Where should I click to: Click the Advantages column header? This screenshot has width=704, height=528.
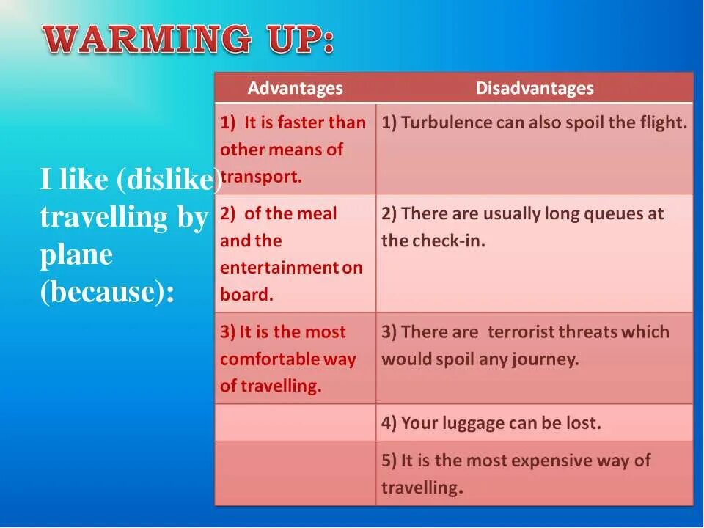pos(295,89)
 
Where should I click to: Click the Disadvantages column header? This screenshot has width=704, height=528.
pos(535,89)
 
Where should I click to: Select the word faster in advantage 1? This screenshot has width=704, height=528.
pos(300,122)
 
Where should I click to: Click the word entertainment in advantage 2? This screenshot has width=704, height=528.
pos(279,268)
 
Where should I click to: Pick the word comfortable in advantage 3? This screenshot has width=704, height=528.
pos(279,359)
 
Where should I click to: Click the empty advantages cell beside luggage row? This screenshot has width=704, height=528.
pos(295,422)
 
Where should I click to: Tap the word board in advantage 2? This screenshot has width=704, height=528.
pos(246,295)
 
